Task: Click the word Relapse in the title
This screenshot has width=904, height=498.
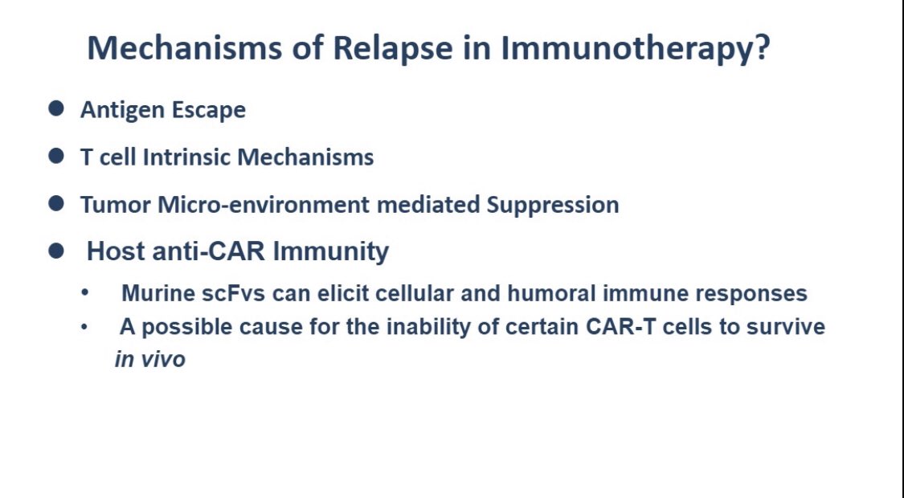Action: click(393, 48)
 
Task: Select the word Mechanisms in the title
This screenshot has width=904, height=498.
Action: click(185, 47)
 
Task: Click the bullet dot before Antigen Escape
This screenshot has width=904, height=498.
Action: click(56, 108)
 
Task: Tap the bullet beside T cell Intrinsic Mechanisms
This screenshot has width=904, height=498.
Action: click(56, 156)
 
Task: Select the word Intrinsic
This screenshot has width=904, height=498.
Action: click(186, 157)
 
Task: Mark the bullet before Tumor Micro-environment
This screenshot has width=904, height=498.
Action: click(56, 203)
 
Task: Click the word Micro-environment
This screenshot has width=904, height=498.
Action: click(264, 205)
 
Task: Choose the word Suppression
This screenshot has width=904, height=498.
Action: click(553, 205)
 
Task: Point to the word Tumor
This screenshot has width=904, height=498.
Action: click(115, 205)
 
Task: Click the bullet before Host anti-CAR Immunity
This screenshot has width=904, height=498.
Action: click(56, 251)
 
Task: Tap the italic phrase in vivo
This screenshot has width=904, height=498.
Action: click(150, 360)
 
